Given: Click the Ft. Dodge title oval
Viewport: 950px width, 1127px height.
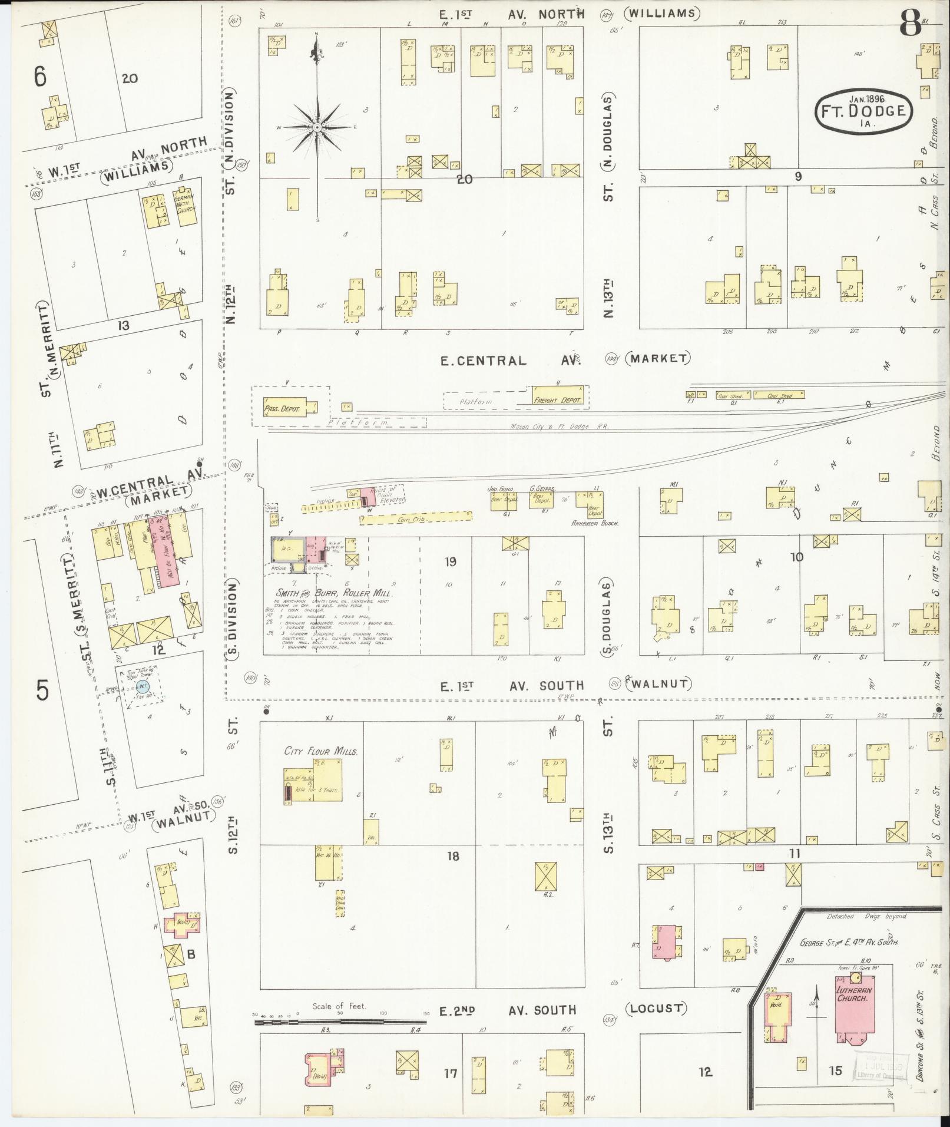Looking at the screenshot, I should (864, 111).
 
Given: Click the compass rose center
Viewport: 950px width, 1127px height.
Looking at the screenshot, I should (317, 127).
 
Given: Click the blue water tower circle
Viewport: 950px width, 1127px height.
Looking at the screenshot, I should (143, 686).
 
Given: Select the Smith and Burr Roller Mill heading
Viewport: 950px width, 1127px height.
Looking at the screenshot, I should (333, 594).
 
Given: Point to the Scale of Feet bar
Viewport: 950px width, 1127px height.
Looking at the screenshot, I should (342, 1023).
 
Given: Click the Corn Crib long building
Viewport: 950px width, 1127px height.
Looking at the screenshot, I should (416, 518).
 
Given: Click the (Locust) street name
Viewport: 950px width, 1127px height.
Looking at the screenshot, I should (656, 1008).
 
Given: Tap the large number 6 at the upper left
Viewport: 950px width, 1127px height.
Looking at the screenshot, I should (39, 77).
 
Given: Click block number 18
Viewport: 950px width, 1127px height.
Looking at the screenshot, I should (452, 855).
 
